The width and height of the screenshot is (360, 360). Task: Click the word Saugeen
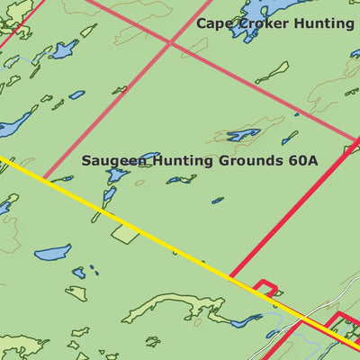click(113, 161)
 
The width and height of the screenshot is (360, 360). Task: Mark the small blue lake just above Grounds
click(243, 135)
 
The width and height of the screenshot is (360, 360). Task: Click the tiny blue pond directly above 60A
click(289, 139)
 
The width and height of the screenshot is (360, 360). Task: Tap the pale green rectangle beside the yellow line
click(126, 233)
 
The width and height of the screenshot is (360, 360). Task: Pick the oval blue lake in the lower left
click(52, 251)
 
